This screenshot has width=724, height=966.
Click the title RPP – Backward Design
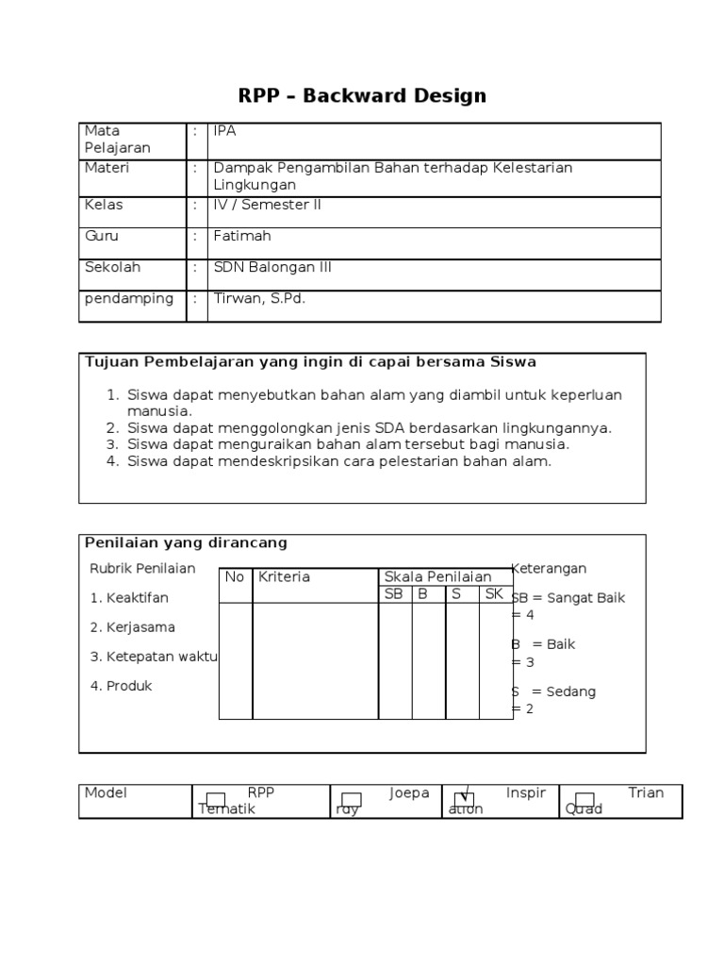361,95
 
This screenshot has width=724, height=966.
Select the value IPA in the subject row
225,131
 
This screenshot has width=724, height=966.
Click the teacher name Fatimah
242,236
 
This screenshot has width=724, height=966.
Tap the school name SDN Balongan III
272,267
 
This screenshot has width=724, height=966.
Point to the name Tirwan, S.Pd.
259,298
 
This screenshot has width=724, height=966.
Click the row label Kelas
104,205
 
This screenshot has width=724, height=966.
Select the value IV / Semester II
268,205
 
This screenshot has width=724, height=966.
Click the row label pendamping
129,298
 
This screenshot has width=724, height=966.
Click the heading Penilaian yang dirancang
186,542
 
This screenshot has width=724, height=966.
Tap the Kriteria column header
284,576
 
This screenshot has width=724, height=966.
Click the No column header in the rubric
234,576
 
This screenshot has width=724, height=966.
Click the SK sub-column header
494,593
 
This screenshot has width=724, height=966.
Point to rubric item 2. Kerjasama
132,627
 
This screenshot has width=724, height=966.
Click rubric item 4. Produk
121,686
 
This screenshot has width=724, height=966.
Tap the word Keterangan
550,568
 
